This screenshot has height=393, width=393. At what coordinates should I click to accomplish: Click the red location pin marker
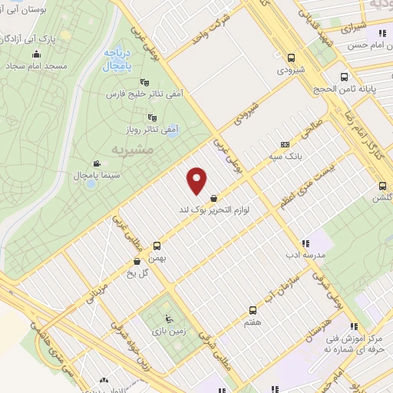(x=197, y=180)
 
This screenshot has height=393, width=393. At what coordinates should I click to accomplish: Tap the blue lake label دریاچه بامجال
(x=119, y=59)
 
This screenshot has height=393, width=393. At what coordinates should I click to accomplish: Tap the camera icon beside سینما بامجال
(x=97, y=163)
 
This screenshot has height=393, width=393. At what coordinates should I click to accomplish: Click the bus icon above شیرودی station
(x=290, y=57)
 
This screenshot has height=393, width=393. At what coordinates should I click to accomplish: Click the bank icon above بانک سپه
(x=285, y=144)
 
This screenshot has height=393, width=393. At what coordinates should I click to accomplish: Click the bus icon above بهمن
(x=157, y=246)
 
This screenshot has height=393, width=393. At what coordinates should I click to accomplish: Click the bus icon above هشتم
(x=253, y=310)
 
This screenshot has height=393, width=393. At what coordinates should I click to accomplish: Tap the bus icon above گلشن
(x=381, y=185)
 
